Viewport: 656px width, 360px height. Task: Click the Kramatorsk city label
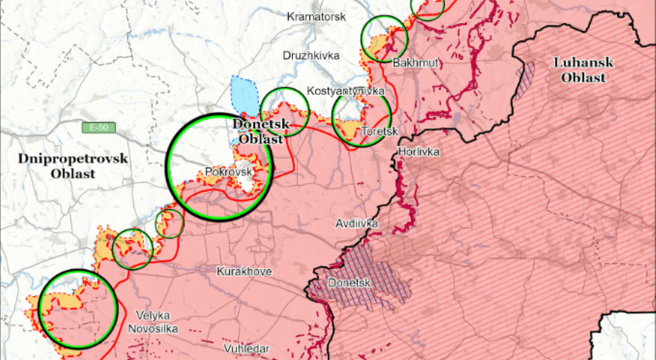pos(316,17)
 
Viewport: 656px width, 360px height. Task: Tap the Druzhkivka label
pos(311,55)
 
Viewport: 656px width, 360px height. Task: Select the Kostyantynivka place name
pos(345,91)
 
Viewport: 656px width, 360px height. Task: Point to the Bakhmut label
pos(416,63)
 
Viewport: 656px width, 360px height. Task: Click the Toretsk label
pos(379,131)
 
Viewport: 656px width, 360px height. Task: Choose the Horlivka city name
pos(419,152)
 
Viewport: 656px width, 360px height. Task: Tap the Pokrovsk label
pos(229,172)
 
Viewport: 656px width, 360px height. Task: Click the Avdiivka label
pos(357,224)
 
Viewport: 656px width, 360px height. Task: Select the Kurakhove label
pos(244,271)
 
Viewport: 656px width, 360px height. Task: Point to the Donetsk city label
pos(348,283)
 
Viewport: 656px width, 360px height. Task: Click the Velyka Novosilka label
pos(153,322)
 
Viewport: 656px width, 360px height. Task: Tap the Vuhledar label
pos(246,349)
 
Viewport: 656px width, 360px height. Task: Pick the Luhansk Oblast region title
pos(583,70)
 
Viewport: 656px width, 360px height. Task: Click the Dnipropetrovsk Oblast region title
pos(73,166)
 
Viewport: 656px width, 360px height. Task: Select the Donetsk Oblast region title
pos(261,131)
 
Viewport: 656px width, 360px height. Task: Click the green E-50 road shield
pos(99,127)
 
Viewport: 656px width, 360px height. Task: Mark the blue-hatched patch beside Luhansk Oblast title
pos(525,80)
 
